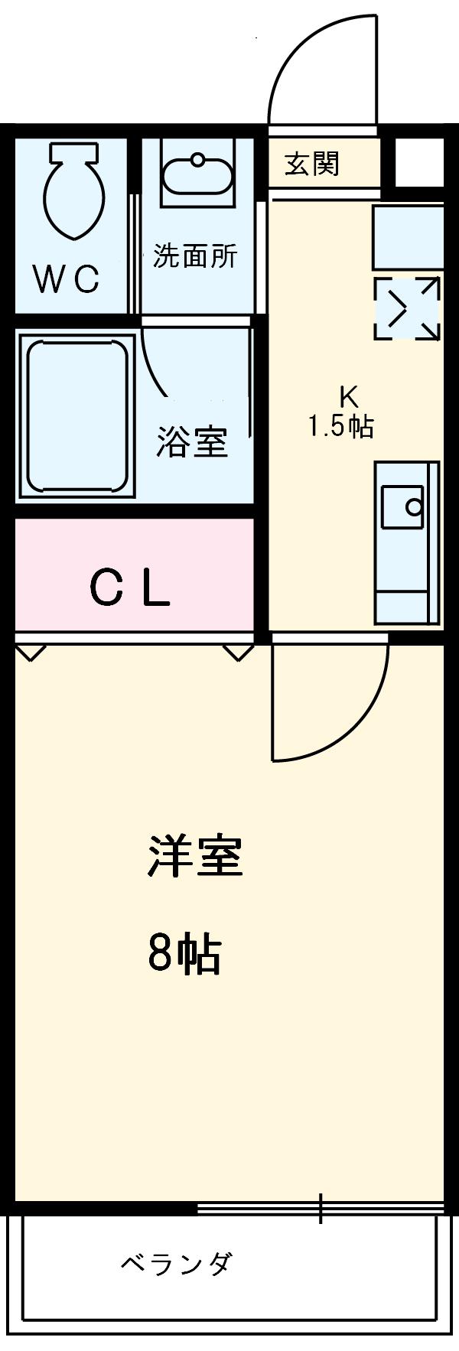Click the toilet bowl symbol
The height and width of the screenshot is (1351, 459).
pyautogui.click(x=74, y=189)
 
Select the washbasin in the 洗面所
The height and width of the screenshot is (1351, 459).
pyautogui.click(x=198, y=175)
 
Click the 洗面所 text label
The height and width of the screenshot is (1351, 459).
pyautogui.click(x=194, y=256)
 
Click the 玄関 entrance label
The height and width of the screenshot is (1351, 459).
pyautogui.click(x=312, y=163)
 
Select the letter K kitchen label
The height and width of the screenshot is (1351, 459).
pyautogui.click(x=348, y=396)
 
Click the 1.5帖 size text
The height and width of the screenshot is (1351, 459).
pyautogui.click(x=340, y=426)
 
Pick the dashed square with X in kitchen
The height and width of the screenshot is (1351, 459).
pyautogui.click(x=407, y=309)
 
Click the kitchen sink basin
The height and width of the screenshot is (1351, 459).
pyautogui.click(x=402, y=506)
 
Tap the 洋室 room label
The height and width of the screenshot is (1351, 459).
pyautogui.click(x=194, y=857)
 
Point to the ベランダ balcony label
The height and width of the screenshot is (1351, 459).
pyautogui.click(x=175, y=1264)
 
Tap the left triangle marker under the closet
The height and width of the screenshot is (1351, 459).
pyautogui.click(x=31, y=652)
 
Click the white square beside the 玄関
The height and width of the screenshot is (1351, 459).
pyautogui.click(x=418, y=163)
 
